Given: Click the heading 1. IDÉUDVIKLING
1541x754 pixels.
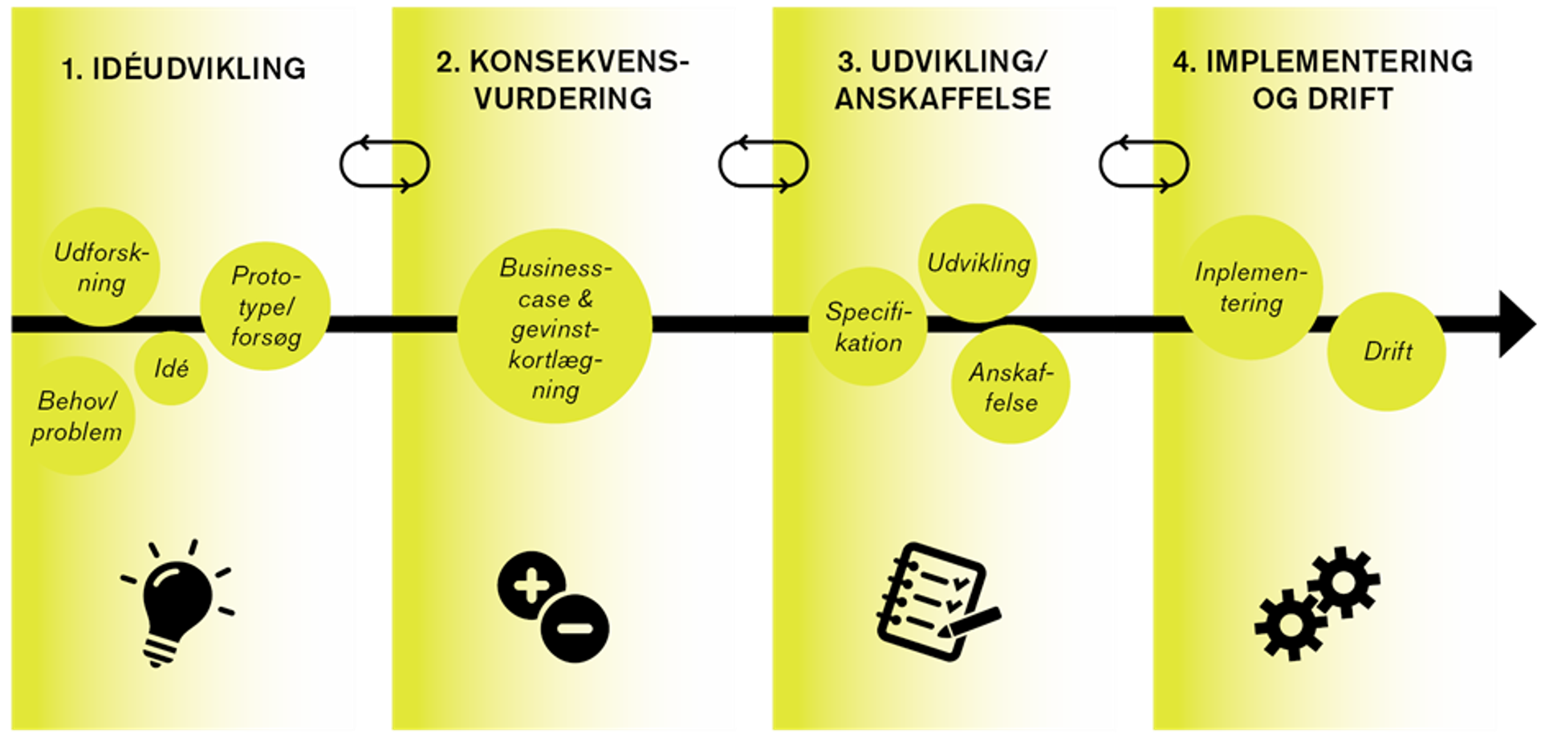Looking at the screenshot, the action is tap(184, 69).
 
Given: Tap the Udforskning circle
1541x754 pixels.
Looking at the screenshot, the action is tap(101, 267).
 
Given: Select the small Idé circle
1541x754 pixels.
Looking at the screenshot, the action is tap(171, 368).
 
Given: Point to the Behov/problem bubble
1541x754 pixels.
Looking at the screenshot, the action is tap(77, 416).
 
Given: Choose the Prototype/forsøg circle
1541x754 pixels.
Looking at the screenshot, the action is tap(266, 306).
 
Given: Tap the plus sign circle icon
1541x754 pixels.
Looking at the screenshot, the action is tap(531, 586).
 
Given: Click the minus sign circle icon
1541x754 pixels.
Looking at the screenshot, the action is tap(575, 628).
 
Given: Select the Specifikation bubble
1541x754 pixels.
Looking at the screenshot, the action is tap(868, 327).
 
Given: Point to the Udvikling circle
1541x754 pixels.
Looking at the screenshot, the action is tap(978, 263).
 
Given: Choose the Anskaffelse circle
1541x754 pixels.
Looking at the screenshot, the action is tap(1010, 386).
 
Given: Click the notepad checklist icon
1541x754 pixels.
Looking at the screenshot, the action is tap(936, 602).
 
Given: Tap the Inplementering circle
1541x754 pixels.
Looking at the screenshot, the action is tap(1250, 287).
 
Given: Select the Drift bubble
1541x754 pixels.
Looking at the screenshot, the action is tap(1387, 351).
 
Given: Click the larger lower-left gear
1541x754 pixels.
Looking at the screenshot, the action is tap(1289, 625).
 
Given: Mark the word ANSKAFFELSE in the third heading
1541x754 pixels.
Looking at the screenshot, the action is tap(943, 99).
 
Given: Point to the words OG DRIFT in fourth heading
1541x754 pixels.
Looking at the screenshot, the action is tap(1323, 99).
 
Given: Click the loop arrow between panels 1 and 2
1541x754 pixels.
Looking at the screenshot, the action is tap(385, 166).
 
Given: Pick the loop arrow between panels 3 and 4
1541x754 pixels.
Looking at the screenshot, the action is tap(1145, 166).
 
